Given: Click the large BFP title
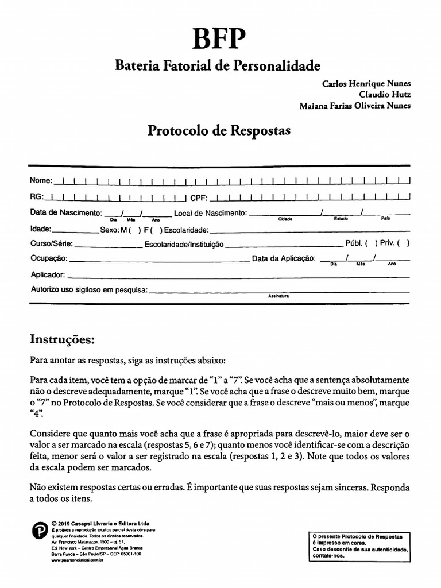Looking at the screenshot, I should coord(220,41).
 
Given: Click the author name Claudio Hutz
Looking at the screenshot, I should coord(385,94).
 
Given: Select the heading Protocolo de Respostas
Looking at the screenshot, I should coord(219,130).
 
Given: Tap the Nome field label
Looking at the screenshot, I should coord(41,181).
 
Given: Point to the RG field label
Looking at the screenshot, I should coord(37,197).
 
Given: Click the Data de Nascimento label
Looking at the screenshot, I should coord(65,212).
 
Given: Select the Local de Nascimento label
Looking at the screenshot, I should coord(210,213).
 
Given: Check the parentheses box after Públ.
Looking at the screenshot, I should coord(372,243).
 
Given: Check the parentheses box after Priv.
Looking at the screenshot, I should coord(403,243).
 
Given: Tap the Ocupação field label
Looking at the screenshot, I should coord(49,258).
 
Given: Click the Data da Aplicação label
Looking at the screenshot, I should coord(284,258).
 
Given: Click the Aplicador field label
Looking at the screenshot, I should coord(48,274).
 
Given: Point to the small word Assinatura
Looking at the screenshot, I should coord(278,296).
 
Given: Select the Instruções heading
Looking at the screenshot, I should coord(61,339).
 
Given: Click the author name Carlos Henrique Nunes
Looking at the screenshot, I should coord(366,83).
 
